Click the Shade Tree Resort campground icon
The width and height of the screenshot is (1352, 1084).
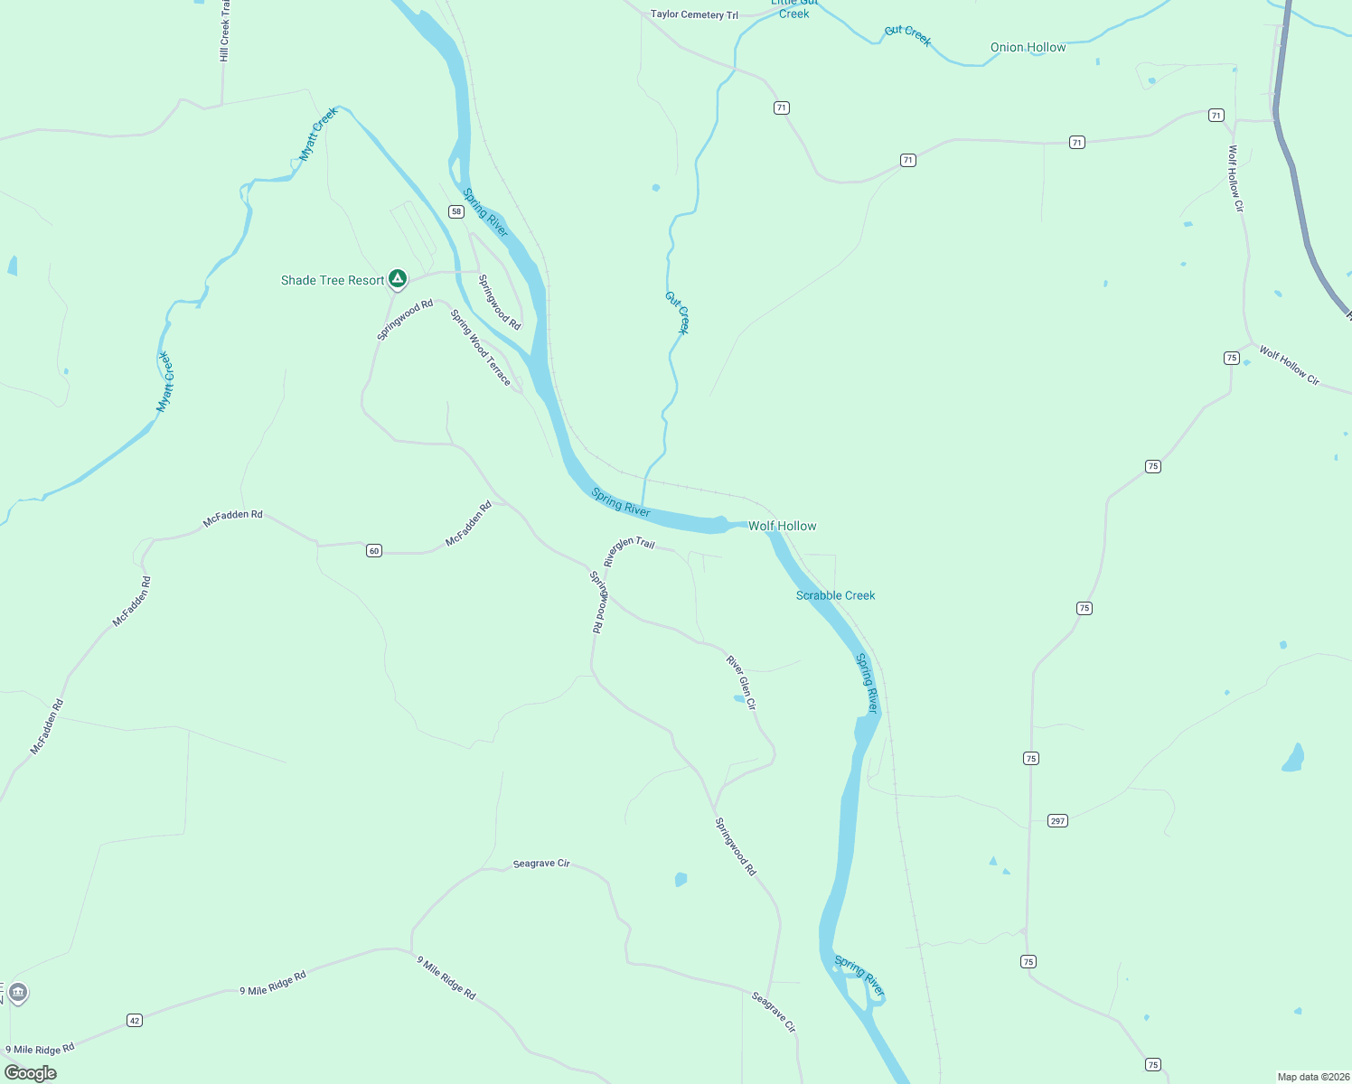pyautogui.click(x=397, y=278)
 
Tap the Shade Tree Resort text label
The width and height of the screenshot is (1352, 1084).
pyautogui.click(x=333, y=281)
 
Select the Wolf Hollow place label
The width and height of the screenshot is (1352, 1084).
pyautogui.click(x=783, y=526)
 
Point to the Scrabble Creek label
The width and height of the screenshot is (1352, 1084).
pyautogui.click(x=835, y=595)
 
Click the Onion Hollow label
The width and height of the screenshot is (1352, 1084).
pyautogui.click(x=1028, y=47)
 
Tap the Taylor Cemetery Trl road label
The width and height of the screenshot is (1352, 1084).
pyautogui.click(x=694, y=14)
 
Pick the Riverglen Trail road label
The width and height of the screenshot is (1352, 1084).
pyautogui.click(x=629, y=549)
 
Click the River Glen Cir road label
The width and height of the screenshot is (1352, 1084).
pyautogui.click(x=741, y=682)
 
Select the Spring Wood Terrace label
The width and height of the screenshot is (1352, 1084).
pyautogui.click(x=481, y=347)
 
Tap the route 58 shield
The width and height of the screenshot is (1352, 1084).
pyautogui.click(x=456, y=211)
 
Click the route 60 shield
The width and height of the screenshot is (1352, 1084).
pyautogui.click(x=374, y=550)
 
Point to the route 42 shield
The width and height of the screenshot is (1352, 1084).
pyautogui.click(x=135, y=1020)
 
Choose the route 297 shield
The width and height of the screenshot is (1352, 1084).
pyautogui.click(x=1057, y=820)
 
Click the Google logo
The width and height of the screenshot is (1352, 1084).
pyautogui.click(x=31, y=1072)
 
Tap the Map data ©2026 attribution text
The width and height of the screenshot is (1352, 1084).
pyautogui.click(x=1312, y=1077)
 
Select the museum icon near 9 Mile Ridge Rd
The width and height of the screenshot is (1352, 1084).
pyautogui.click(x=18, y=993)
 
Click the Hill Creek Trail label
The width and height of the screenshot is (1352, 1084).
pyautogui.click(x=225, y=32)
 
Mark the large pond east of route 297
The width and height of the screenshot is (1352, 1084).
pyautogui.click(x=1293, y=759)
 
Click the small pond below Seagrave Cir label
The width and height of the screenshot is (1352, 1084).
pyautogui.click(x=681, y=879)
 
